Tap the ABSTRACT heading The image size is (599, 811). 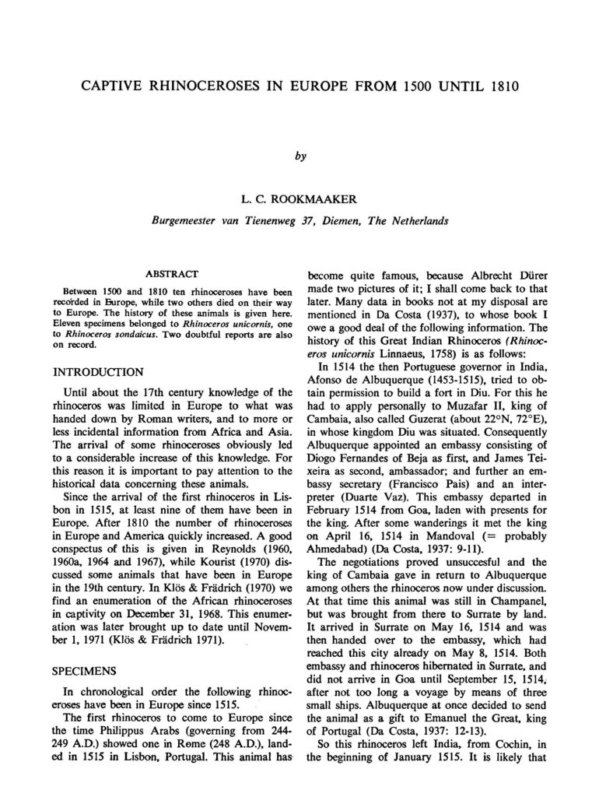[x=169, y=275]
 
